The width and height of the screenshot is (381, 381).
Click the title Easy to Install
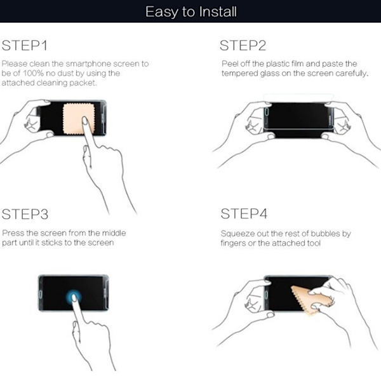[x=191, y=11]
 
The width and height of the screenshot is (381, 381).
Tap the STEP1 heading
[x=25, y=46]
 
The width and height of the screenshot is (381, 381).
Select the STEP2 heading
[x=243, y=46]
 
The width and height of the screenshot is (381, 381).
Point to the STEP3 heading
[x=25, y=214]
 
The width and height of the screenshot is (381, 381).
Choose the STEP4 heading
[x=244, y=214]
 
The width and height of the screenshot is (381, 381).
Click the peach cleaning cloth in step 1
[x=78, y=119]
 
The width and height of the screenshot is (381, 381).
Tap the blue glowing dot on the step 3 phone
[x=74, y=297]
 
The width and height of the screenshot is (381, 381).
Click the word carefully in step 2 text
[x=352, y=74]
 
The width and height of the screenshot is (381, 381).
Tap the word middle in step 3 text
[x=114, y=233]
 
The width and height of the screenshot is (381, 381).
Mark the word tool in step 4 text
[x=314, y=243]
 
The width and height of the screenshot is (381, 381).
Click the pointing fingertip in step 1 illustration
[x=84, y=121]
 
